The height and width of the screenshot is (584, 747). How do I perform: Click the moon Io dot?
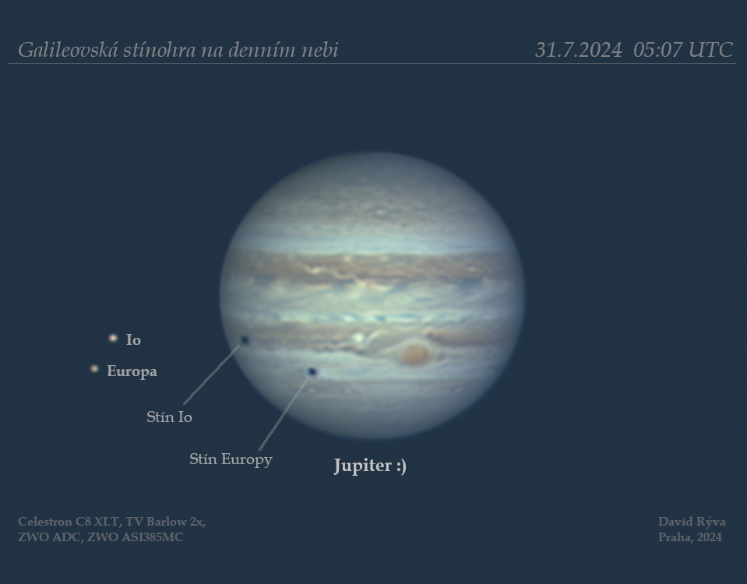tap(113, 338)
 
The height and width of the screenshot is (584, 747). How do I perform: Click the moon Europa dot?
tap(94, 368)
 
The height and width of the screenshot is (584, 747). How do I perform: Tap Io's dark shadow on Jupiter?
tap(245, 339)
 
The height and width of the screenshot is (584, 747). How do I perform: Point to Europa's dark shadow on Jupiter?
tap(312, 371)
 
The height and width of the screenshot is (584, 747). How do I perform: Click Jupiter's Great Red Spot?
tap(414, 354)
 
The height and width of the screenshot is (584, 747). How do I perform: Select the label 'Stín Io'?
tap(169, 417)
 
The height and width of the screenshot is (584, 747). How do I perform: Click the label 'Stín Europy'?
tap(231, 459)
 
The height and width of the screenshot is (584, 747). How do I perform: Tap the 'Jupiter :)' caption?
tap(370, 466)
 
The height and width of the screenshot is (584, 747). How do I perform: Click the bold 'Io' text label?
tap(133, 339)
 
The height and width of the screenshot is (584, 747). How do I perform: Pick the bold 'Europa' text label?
tap(132, 371)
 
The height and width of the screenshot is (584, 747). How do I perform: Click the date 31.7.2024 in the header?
tap(578, 50)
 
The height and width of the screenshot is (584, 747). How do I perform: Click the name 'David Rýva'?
tap(692, 522)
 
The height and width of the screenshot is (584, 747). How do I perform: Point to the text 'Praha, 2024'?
tap(690, 537)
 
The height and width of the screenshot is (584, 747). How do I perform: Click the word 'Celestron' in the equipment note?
tap(44, 522)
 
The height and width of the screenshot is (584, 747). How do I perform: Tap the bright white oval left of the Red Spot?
tap(358, 338)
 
